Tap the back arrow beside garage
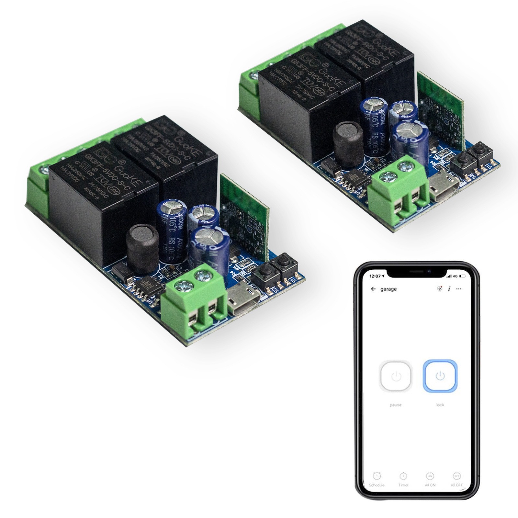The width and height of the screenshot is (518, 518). (x=374, y=289)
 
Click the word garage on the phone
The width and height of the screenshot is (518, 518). (x=388, y=289)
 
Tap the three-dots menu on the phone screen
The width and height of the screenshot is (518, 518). (x=458, y=289)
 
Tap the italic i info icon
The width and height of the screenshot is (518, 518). (x=449, y=289)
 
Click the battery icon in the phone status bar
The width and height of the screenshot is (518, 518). (x=462, y=276)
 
